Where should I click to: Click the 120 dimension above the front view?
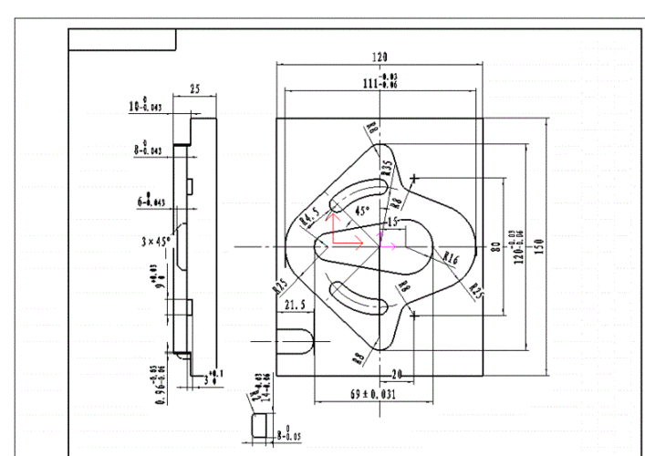click(x=380, y=57)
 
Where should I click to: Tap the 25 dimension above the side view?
click(x=195, y=88)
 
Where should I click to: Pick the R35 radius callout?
click(x=387, y=167)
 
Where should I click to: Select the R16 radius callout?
click(x=450, y=259)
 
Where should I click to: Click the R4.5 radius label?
click(x=309, y=216)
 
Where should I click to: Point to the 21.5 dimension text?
click(x=296, y=304)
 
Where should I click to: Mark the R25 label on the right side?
click(x=476, y=291)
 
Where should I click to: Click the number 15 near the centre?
click(x=393, y=222)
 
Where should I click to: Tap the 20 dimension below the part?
click(x=396, y=373)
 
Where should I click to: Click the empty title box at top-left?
click(x=122, y=39)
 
